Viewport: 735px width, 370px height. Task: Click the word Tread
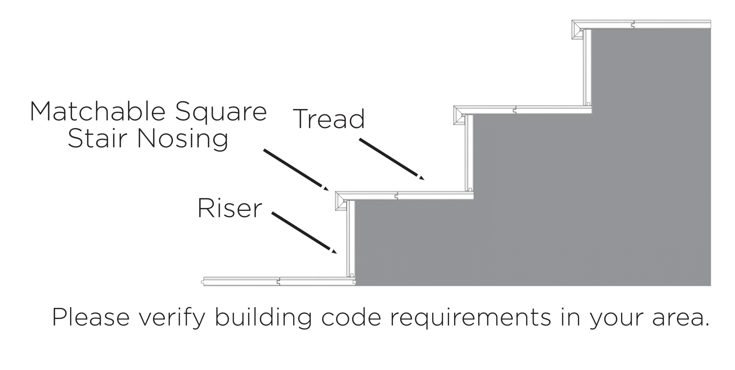pos(330,119)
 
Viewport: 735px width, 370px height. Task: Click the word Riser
pos(230,208)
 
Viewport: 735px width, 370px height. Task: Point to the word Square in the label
pos(220,112)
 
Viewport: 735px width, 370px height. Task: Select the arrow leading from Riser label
pos(304,233)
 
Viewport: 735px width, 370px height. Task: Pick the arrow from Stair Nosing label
pos(296,170)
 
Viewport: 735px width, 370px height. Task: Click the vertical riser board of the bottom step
pos(350,239)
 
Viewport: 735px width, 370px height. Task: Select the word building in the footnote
pos(263,317)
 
